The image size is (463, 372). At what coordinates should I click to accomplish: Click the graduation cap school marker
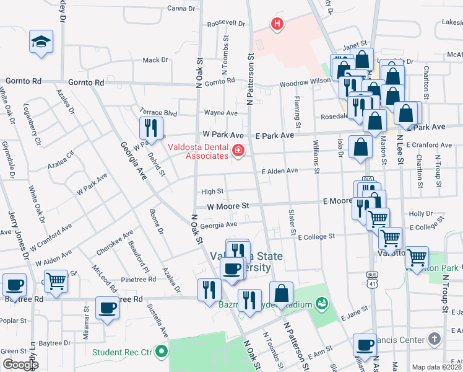tap(41, 42)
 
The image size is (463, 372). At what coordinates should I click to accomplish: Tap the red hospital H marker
tap(277, 24)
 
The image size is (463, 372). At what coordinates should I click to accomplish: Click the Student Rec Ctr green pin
tap(162, 352)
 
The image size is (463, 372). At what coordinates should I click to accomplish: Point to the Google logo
tap(20, 365)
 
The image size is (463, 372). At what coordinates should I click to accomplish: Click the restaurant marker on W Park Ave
tap(151, 128)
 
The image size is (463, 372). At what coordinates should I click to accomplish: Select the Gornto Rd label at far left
tap(24, 81)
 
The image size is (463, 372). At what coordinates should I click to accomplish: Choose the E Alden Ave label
tap(279, 170)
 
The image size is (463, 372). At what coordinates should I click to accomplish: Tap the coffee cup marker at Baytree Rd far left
tap(15, 285)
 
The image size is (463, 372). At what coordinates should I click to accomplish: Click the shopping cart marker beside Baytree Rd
tap(56, 280)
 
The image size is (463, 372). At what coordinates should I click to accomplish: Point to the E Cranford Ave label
tap(428, 145)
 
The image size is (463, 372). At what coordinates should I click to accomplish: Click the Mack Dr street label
tap(155, 60)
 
